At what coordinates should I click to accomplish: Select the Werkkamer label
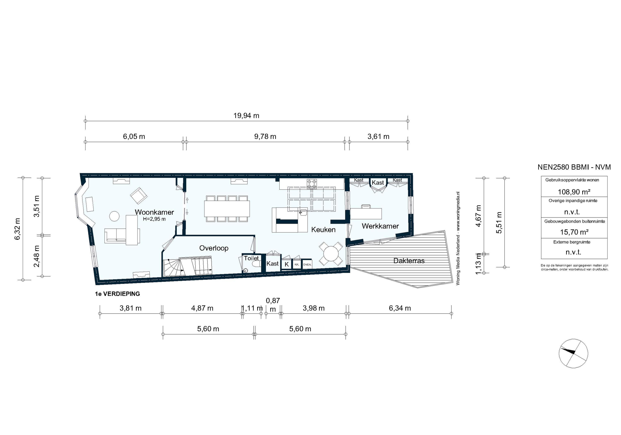[x=380, y=226]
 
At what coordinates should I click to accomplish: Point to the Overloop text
[x=214, y=248]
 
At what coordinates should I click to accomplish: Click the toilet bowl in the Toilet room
[x=255, y=264]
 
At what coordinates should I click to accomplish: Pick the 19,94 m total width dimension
[x=246, y=116]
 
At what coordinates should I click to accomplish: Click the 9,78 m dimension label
[x=265, y=137]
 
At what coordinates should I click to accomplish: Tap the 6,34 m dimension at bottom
[x=400, y=308]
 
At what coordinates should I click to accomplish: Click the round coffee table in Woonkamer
[x=114, y=216]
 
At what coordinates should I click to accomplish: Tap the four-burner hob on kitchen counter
[x=312, y=184]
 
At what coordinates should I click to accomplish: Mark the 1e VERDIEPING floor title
[x=117, y=294]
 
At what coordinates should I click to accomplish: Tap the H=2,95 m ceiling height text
[x=154, y=219]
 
